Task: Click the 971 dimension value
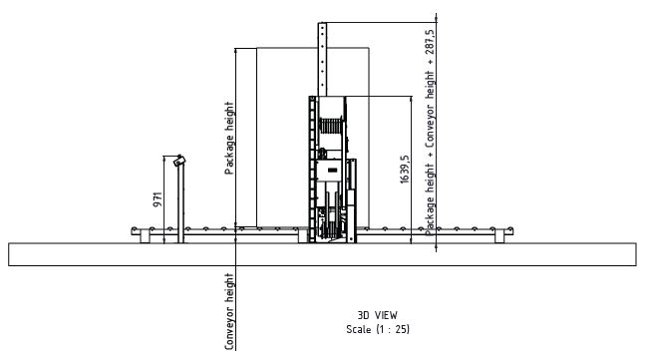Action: pyautogui.click(x=158, y=199)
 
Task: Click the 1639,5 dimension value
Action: pyautogui.click(x=405, y=170)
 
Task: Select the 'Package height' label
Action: pyautogui.click(x=229, y=138)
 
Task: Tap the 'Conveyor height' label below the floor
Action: pyautogui.click(x=229, y=311)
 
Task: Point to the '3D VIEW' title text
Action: pyautogui.click(x=377, y=315)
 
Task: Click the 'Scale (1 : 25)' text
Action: pyautogui.click(x=378, y=329)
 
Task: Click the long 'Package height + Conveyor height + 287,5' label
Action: pyautogui.click(x=430, y=133)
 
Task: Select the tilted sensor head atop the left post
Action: pyautogui.click(x=179, y=161)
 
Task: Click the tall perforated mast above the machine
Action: pyautogui.click(x=322, y=60)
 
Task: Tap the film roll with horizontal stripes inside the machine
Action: pyautogui.click(x=331, y=126)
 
